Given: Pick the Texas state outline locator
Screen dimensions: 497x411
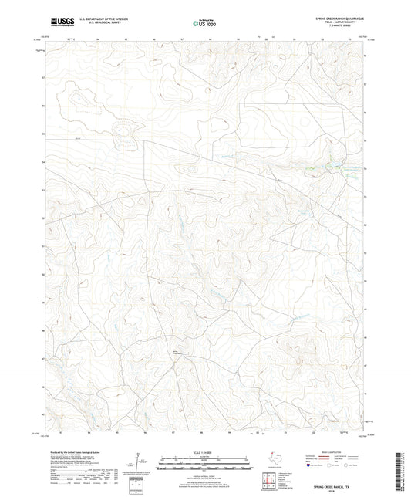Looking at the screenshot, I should pyautogui.click(x=274, y=458).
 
